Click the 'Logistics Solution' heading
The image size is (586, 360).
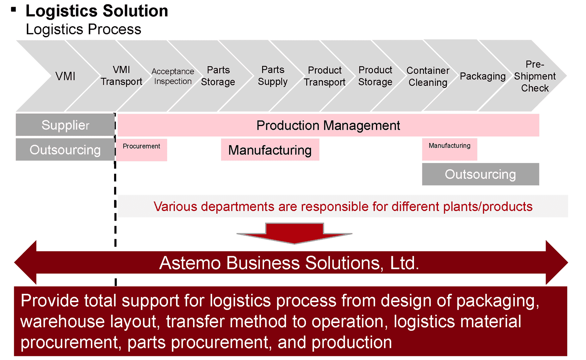coord(97,11)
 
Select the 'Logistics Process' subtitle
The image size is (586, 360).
coord(83,30)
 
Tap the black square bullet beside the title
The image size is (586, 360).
coord(13,10)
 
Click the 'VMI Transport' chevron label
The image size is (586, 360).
coord(121,76)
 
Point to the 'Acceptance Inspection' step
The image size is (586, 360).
coord(173,76)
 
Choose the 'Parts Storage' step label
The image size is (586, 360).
coord(218,76)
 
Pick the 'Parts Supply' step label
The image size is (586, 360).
coord(273,76)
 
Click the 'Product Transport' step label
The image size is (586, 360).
coord(324,76)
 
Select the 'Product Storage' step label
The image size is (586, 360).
coord(375,76)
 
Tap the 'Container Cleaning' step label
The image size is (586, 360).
coord(428,76)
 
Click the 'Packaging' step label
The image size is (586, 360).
coord(482,76)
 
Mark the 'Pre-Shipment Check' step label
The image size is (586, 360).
coord(535,76)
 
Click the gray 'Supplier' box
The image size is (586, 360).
coord(65,125)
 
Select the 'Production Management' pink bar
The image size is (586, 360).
coord(328,125)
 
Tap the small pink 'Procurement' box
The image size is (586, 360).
coord(142,149)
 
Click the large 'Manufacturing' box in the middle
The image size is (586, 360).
coord(270,150)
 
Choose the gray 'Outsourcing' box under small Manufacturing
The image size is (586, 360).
coord(480,174)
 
